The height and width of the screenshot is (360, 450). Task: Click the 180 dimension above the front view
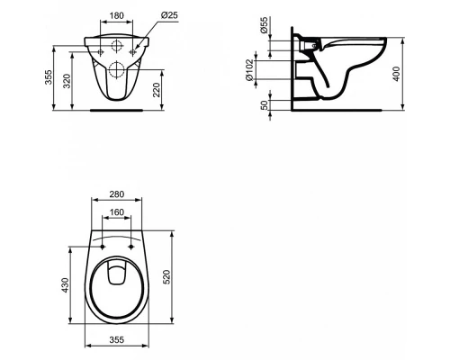point(116,14)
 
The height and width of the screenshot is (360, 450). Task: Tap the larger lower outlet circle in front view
point(116,71)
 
